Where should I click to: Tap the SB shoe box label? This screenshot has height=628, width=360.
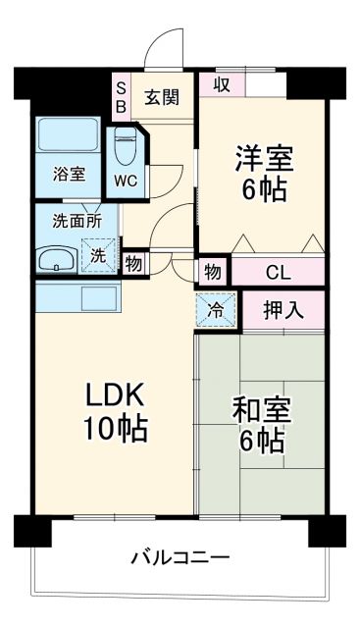[x=122, y=95]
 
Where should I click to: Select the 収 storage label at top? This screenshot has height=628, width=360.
[x=222, y=84]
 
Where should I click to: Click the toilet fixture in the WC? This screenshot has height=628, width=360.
[x=126, y=147]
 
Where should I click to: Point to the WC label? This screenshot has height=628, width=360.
[x=125, y=182]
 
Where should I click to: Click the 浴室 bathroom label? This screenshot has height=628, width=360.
[x=69, y=175]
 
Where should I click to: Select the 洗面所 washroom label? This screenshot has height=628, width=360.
[x=77, y=221]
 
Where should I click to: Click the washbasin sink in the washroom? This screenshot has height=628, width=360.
[x=58, y=260]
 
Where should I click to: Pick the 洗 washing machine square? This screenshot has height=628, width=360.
[x=99, y=256]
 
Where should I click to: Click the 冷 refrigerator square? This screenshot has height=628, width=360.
[x=216, y=311]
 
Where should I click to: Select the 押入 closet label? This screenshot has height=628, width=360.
[x=283, y=311]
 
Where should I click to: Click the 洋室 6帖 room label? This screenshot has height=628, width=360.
[x=261, y=172]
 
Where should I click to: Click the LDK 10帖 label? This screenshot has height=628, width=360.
[x=115, y=412]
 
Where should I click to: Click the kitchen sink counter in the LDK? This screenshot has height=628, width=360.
[x=77, y=295]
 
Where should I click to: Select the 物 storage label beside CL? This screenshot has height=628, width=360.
[x=213, y=272]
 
